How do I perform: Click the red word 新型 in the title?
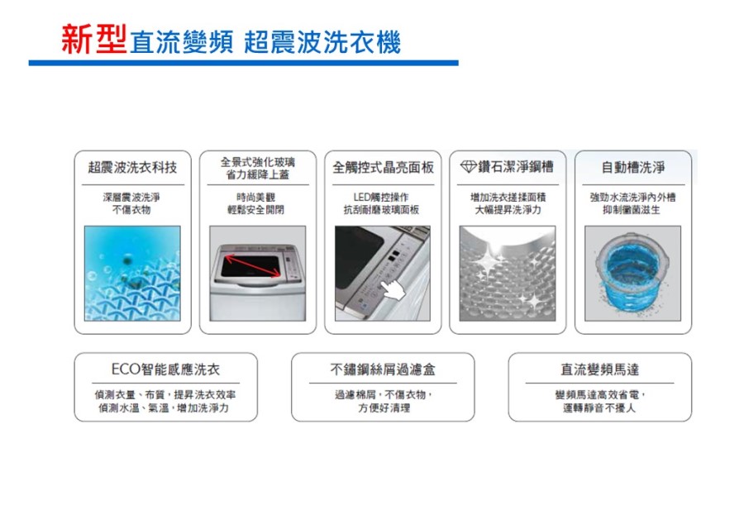coord(94,39)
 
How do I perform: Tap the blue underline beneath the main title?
coord(243,63)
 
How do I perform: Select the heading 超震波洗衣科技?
coord(132,167)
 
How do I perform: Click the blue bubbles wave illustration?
coord(132,273)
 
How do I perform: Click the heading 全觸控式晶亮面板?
coord(383,167)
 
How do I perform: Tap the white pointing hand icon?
coord(393,288)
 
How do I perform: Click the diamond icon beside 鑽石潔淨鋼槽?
coord(469,167)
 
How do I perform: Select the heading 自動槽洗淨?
coord(633,167)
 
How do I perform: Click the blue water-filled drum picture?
coord(632,273)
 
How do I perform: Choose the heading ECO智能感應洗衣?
coord(165,370)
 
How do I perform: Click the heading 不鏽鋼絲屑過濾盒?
coord(383,370)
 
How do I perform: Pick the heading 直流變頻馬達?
coord(600,370)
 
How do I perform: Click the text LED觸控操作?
coord(381,197)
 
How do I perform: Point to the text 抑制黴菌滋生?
coord(632,210)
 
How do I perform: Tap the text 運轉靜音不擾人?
coord(599,408)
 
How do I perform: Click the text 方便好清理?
coord(384,408)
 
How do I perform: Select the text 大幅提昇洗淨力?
coord(508,210)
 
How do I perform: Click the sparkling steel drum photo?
coord(508,273)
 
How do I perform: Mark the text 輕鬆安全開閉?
coord(255,210)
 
